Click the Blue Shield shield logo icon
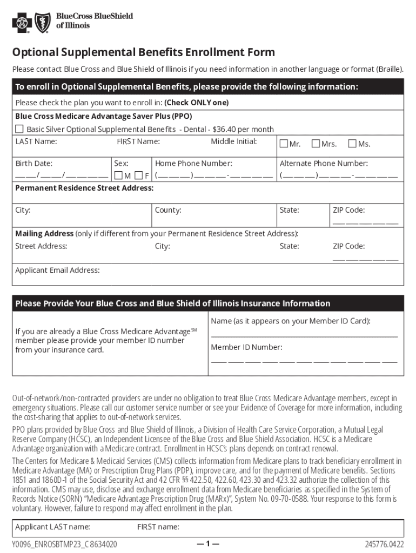click(43, 22)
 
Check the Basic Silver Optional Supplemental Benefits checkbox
click(19, 129)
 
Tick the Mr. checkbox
click(284, 144)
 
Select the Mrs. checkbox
click(316, 144)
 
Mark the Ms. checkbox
click(352, 144)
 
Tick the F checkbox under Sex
click(139, 176)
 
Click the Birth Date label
click(33, 163)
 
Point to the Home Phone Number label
click(193, 163)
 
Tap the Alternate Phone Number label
click(324, 163)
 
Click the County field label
click(168, 210)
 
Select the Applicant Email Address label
click(57, 270)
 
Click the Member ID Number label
click(246, 347)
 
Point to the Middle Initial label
click(233, 141)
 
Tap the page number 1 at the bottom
click(208, 544)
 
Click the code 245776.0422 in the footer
click(384, 544)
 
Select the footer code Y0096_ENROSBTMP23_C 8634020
click(65, 544)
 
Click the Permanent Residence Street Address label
click(84, 188)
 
